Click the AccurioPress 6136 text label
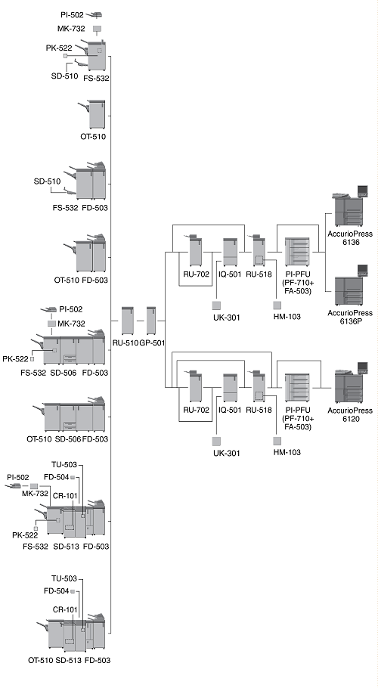pyautogui.click(x=350, y=238)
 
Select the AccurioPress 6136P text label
pyautogui.click(x=350, y=317)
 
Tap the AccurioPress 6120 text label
pyautogui.click(x=350, y=414)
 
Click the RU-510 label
pyautogui.click(x=125, y=343)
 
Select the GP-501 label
pyautogui.click(x=152, y=343)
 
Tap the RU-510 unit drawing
pyautogui.click(x=127, y=321)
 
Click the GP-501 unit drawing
pyautogui.click(x=151, y=321)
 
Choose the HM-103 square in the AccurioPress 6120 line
pyautogui.click(x=277, y=441)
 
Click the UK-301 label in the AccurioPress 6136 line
pyautogui.click(x=227, y=318)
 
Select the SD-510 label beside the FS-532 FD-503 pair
pyautogui.click(x=48, y=181)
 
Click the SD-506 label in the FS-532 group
pyautogui.click(x=61, y=373)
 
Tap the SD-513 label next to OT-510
pyautogui.click(x=68, y=660)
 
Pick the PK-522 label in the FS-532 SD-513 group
pyautogui.click(x=25, y=535)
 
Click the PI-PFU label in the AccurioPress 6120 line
pyautogui.click(x=298, y=411)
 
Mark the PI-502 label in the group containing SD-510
pyautogui.click(x=73, y=15)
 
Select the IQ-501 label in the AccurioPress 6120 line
pyautogui.click(x=230, y=411)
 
